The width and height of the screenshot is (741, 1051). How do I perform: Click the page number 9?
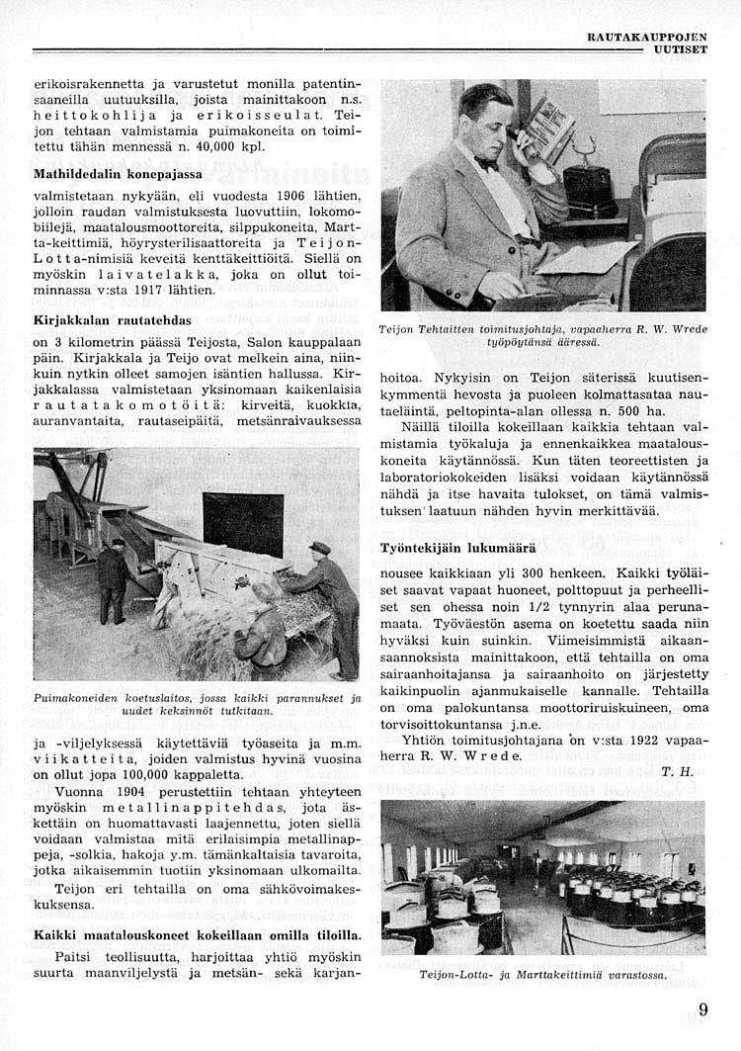[701, 1009]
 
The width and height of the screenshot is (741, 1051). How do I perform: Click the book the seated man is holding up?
[546, 130]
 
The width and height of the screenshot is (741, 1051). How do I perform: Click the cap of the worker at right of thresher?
[319, 548]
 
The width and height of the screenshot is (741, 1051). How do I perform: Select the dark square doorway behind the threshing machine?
[242, 523]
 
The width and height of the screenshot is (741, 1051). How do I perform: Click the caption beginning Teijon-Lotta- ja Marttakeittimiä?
[543, 974]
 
